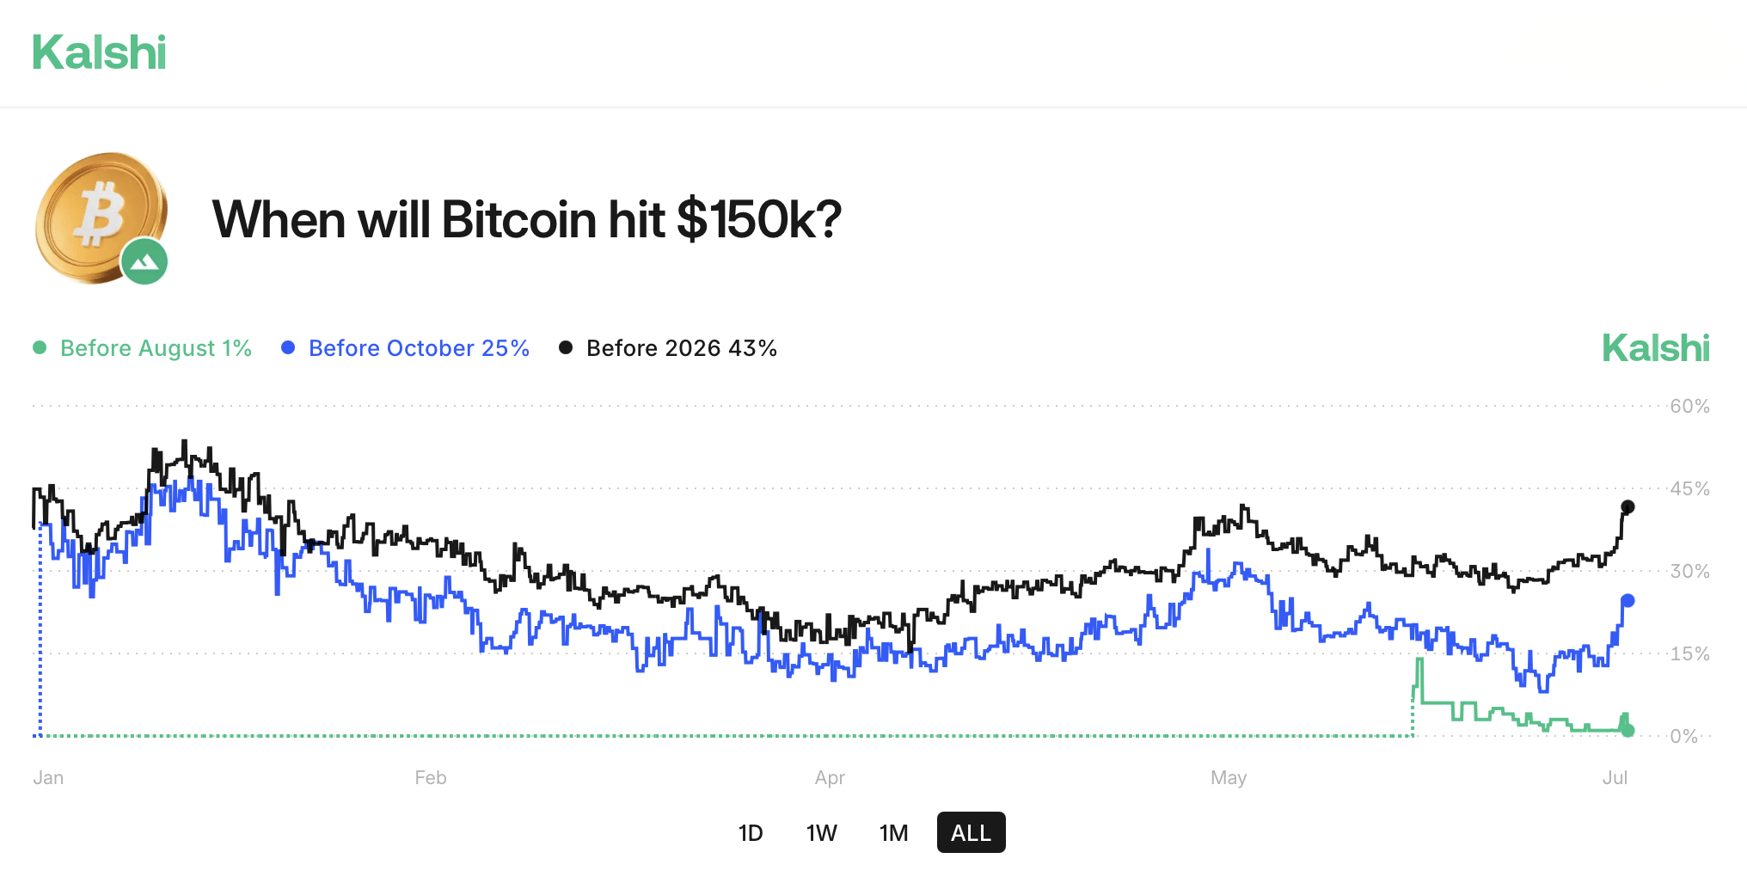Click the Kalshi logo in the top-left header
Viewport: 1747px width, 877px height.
(99, 52)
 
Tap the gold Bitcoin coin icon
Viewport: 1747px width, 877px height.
(96, 215)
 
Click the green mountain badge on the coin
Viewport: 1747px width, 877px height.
(144, 261)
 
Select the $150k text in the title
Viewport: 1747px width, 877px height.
(758, 220)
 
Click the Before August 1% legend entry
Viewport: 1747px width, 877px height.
(143, 348)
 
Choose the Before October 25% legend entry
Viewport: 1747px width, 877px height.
(406, 348)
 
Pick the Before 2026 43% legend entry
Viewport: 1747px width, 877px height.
(668, 348)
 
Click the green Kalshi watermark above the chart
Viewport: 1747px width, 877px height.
(1655, 348)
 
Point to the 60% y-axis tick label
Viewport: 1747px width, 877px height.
(1689, 407)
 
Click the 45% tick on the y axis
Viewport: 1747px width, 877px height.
(1689, 489)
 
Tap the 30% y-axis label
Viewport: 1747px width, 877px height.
(1689, 572)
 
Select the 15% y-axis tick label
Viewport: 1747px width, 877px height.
(1689, 654)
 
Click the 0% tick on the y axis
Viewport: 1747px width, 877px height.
(1684, 737)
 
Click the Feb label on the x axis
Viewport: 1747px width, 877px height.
(431, 778)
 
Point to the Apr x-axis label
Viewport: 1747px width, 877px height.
(830, 778)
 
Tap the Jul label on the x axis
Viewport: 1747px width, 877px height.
(1615, 778)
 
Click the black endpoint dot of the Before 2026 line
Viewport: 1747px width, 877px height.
(1627, 507)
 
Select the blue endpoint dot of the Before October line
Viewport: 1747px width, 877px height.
(1627, 601)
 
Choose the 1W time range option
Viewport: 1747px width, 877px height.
(821, 833)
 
